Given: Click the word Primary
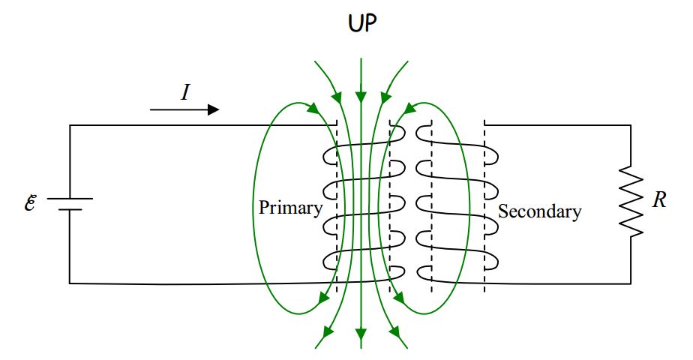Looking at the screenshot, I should coord(290,208).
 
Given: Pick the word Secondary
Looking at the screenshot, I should coord(539,211).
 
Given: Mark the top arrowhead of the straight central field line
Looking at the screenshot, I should coord(361,97).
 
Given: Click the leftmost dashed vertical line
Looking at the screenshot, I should coord(336,206).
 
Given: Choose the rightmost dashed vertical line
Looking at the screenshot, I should coord(484,206).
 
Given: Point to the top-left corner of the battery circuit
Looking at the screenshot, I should coord(70,125).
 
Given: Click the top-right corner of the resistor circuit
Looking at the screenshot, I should coord(630,125).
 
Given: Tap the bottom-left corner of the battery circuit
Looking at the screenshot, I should coord(70,283).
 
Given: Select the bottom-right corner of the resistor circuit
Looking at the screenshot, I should coord(630,283).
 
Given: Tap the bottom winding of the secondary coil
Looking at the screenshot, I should coord(457,262).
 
